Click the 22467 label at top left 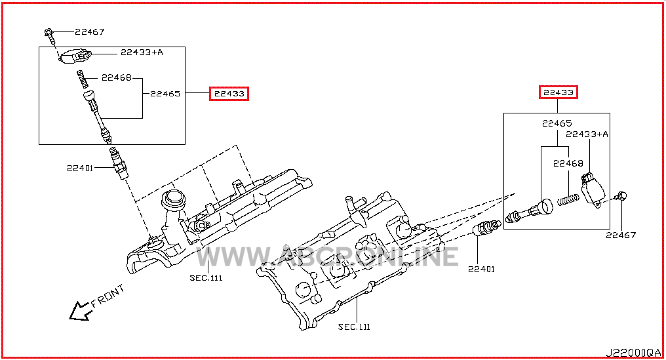(x=90, y=32)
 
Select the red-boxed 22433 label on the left (x=229, y=94)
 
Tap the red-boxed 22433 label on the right (x=558, y=92)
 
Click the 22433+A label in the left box (x=142, y=52)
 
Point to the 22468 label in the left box (x=117, y=77)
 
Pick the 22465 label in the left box (x=165, y=94)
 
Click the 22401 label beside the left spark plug (x=80, y=169)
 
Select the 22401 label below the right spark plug (x=481, y=269)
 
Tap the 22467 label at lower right (x=621, y=235)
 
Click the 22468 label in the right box (x=568, y=163)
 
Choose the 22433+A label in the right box (x=587, y=134)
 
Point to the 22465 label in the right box (x=557, y=123)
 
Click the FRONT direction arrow (x=80, y=311)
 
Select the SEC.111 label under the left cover (x=206, y=278)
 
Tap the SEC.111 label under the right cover (x=354, y=327)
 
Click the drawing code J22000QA (x=633, y=353)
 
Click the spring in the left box (x=83, y=79)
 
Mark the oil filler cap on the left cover (x=173, y=198)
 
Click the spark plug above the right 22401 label (x=487, y=228)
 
